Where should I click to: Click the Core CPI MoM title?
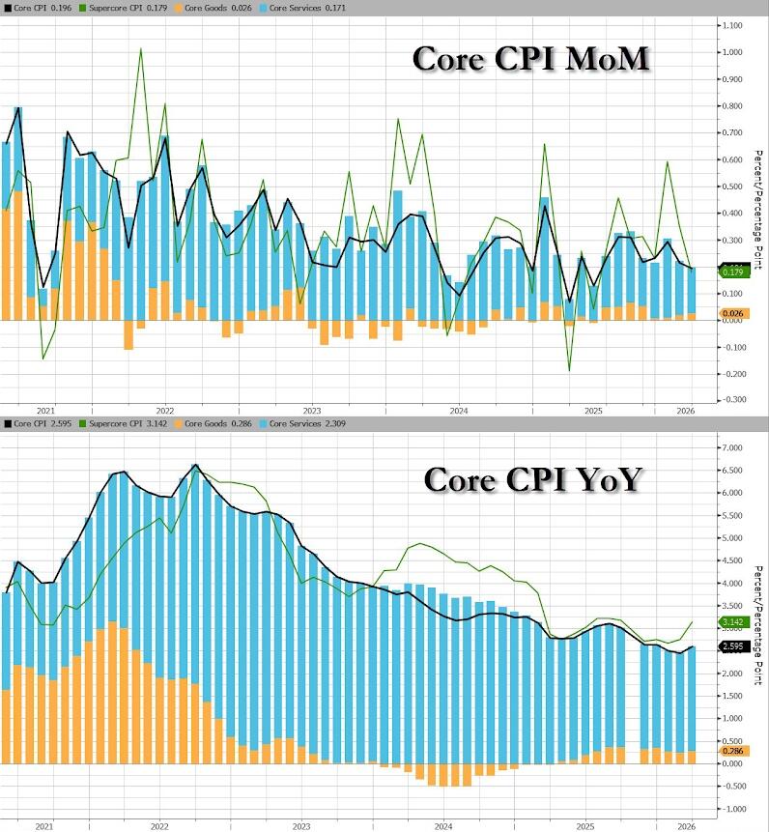tap(530, 59)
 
